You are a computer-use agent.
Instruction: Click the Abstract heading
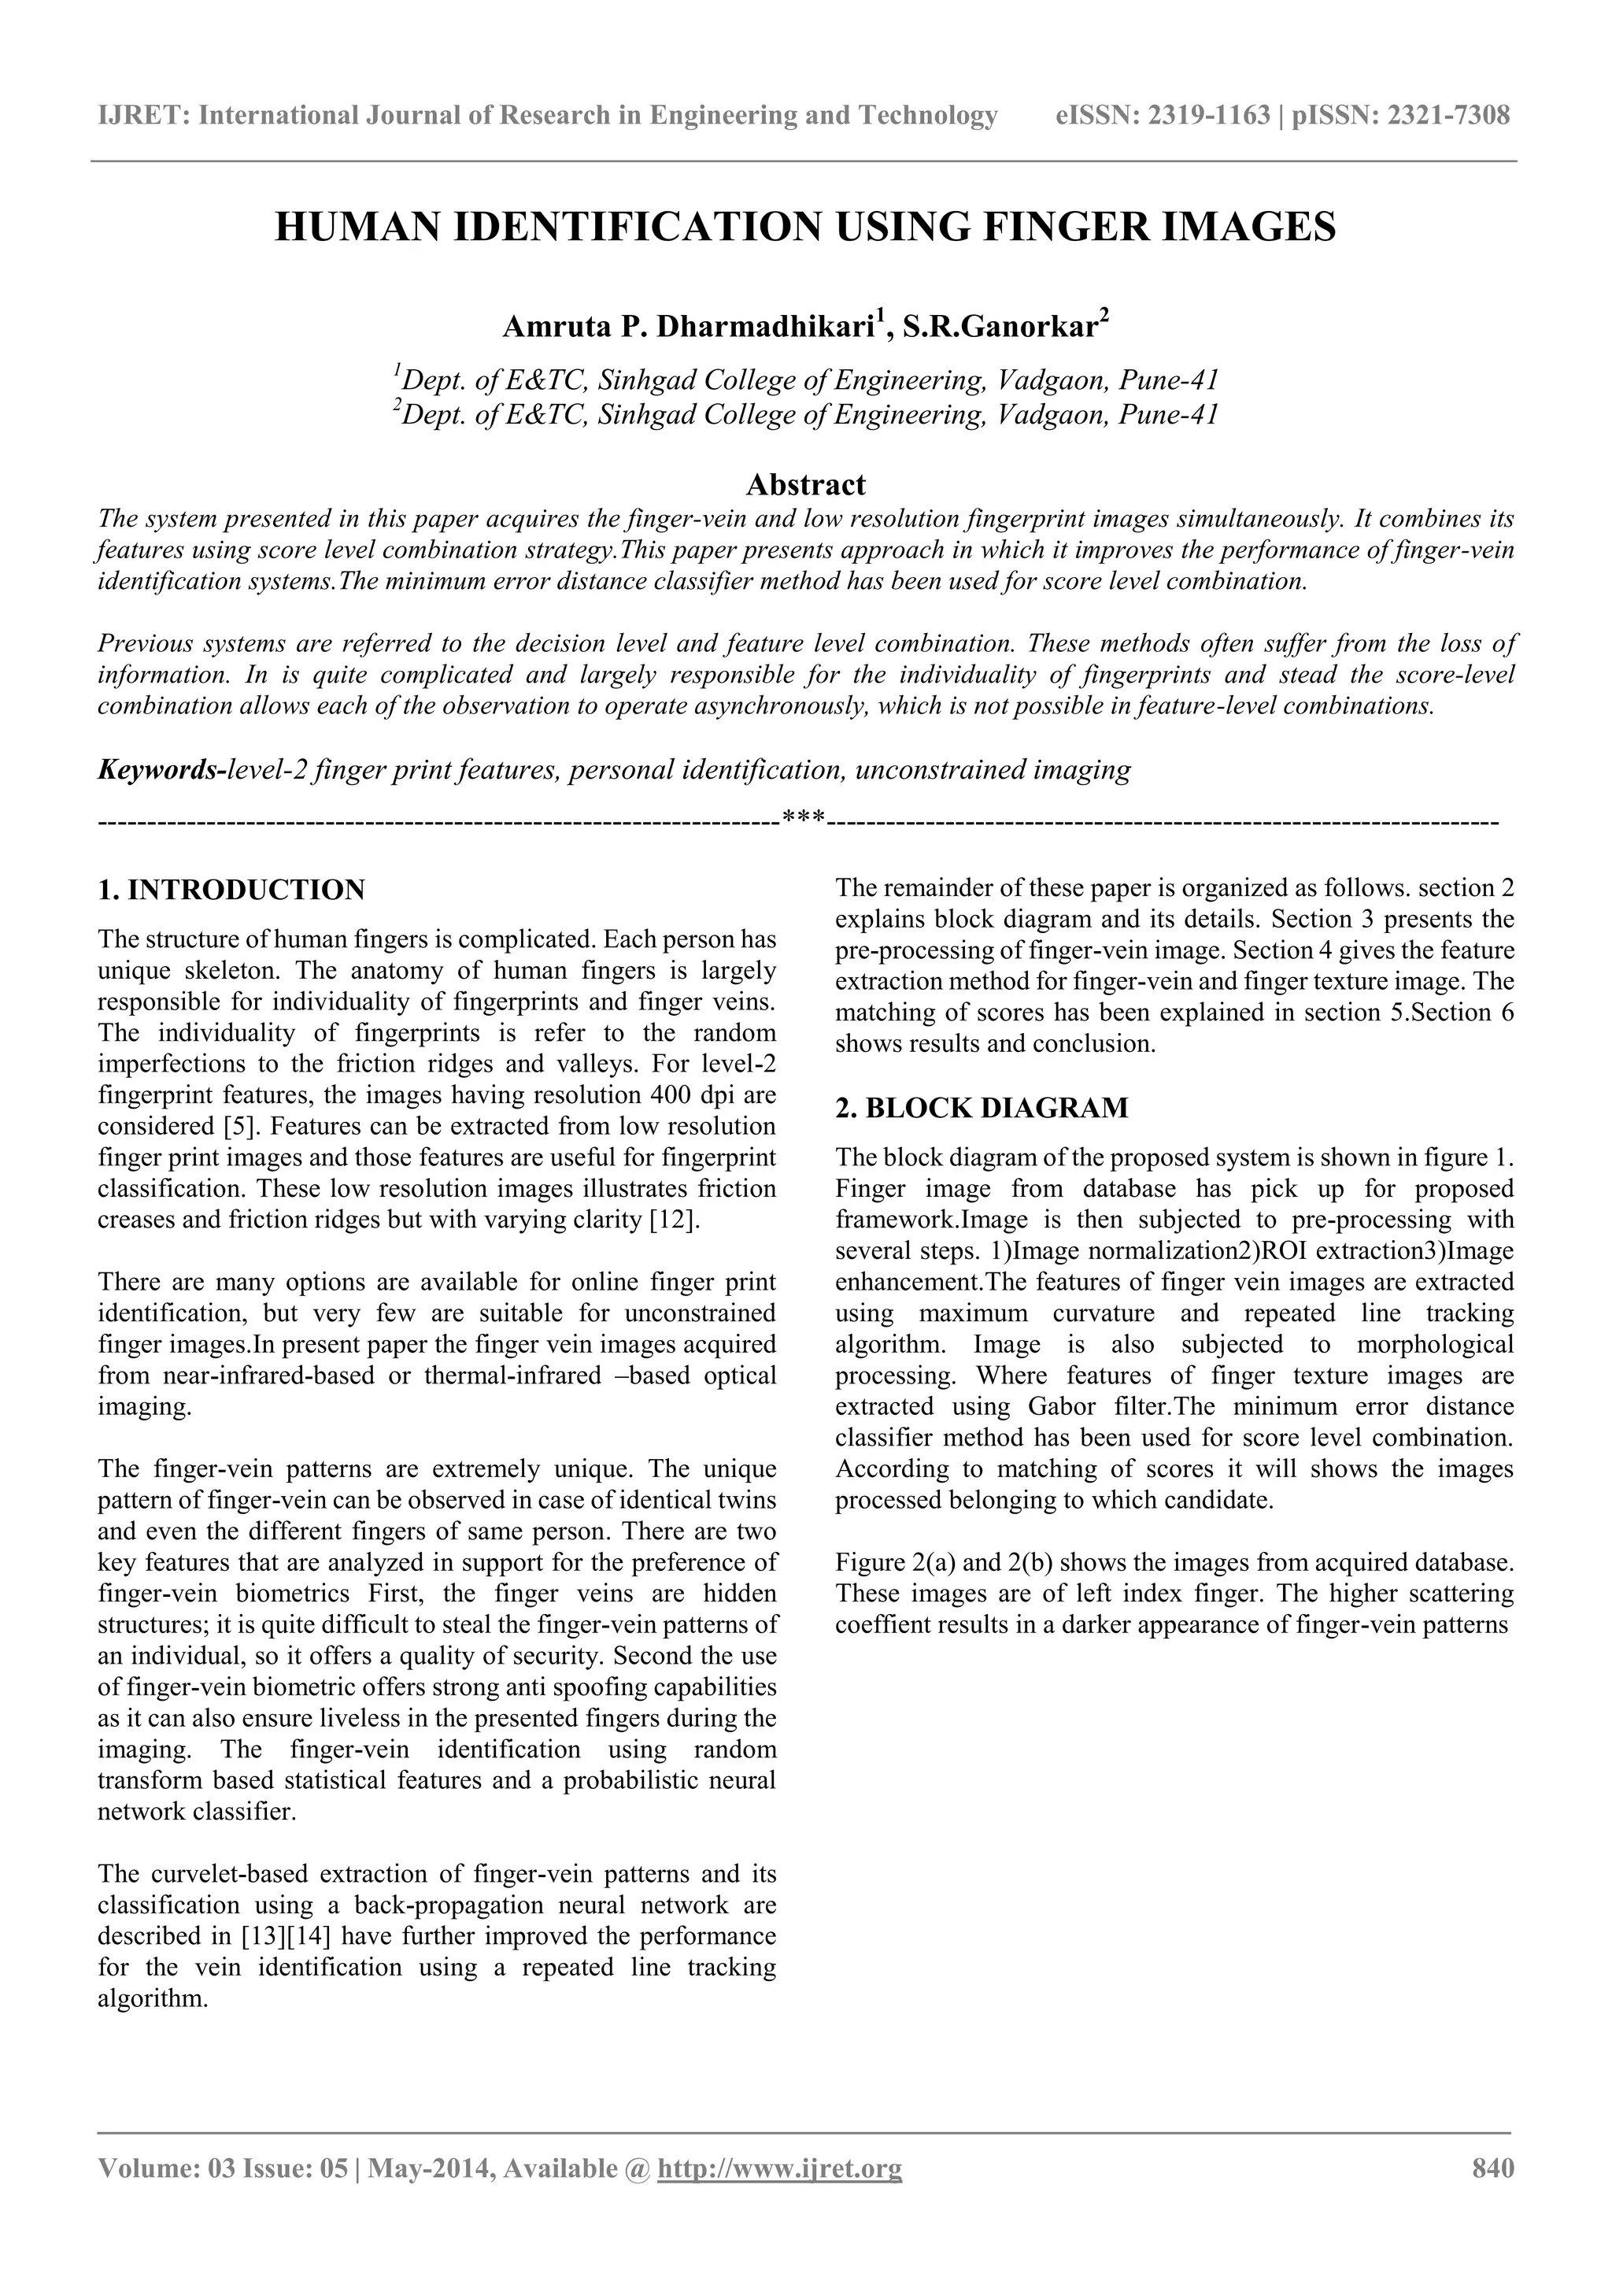click(805, 485)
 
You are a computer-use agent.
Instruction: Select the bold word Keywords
click(159, 770)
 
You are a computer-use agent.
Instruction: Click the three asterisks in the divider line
click(804, 820)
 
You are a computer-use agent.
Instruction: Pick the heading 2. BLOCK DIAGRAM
click(982, 1108)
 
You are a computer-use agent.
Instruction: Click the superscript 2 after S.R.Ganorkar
click(1104, 317)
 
